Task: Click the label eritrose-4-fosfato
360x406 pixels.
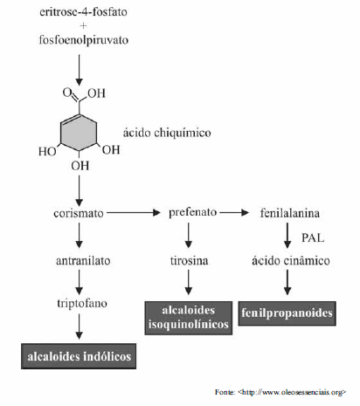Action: click(x=83, y=12)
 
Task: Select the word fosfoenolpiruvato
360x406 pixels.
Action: click(x=84, y=40)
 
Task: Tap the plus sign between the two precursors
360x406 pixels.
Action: click(x=83, y=26)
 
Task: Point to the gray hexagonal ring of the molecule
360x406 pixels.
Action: click(x=61, y=133)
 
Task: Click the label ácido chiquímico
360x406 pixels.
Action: click(x=167, y=133)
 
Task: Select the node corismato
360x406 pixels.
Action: click(x=79, y=213)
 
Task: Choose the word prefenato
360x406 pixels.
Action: click(x=193, y=212)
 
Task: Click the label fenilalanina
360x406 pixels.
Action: click(x=290, y=213)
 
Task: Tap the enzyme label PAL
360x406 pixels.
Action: click(x=313, y=237)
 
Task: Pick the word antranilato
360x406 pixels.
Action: click(x=83, y=260)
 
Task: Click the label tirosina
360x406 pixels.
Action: click(x=190, y=260)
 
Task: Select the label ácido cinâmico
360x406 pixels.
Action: click(x=291, y=260)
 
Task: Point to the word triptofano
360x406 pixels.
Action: click(x=82, y=304)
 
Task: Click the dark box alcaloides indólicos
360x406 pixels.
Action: click(x=79, y=356)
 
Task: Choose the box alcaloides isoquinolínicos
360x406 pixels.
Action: click(x=189, y=318)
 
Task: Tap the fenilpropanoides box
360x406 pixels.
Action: click(x=287, y=313)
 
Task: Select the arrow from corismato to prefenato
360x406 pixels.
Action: click(x=134, y=213)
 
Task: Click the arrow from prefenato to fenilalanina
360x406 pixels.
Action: click(x=234, y=212)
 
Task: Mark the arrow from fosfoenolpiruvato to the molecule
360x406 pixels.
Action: click(x=79, y=70)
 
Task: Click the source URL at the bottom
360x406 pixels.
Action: click(x=292, y=392)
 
